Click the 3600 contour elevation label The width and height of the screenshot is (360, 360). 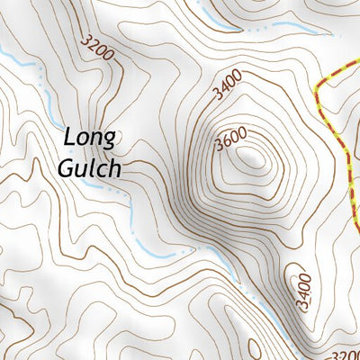232,141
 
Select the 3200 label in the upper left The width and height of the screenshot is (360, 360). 97,49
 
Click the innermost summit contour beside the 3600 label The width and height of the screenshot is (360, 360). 251,160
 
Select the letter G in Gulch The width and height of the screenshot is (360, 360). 66,168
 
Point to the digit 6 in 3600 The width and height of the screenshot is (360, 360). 227,144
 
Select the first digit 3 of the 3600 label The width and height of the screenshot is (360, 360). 219,149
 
